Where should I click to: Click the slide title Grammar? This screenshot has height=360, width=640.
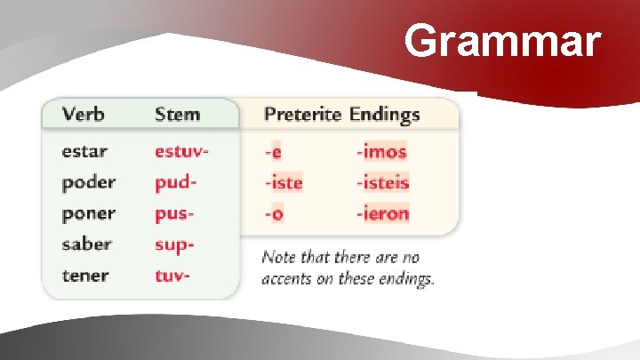[502, 41]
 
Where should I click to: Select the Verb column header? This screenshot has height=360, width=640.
[83, 114]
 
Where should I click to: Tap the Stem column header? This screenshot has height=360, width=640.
[177, 114]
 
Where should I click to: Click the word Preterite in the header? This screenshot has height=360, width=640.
[303, 114]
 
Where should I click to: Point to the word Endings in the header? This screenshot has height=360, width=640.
[384, 114]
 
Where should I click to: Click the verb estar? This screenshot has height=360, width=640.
[84, 151]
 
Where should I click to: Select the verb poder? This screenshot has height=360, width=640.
[88, 182]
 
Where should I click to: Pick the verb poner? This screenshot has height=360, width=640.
[88, 213]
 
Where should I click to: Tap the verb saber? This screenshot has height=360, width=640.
[86, 244]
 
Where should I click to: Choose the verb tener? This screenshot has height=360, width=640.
[86, 275]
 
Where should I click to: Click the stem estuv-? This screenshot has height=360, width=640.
[181, 151]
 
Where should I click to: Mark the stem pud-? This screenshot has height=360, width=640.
[175, 182]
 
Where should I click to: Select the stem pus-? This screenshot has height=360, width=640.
[174, 213]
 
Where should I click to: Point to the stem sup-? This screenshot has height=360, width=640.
[174, 244]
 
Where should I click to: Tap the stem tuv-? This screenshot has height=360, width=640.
[172, 275]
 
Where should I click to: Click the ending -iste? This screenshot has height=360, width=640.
[283, 182]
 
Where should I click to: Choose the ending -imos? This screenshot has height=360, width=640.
[381, 151]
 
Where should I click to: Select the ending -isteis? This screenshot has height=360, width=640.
[383, 182]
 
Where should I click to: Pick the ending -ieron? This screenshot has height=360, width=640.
[383, 213]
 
